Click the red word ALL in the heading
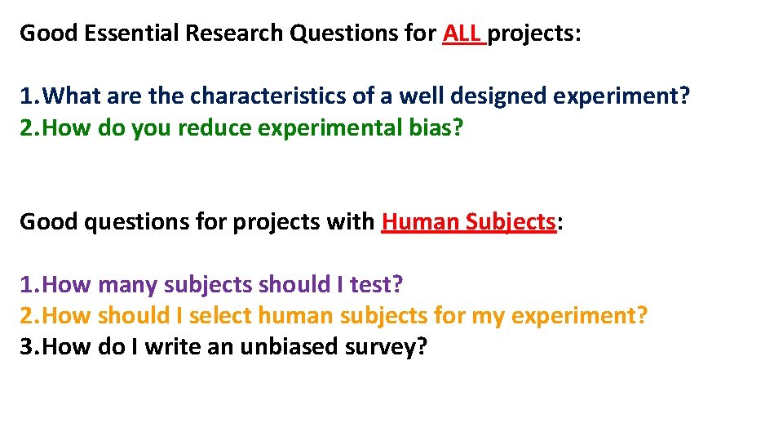(x=462, y=34)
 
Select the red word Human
(x=419, y=222)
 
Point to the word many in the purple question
(x=128, y=285)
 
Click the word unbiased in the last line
(x=290, y=347)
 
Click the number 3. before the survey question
(x=29, y=347)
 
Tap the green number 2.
(x=29, y=128)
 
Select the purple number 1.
(x=29, y=285)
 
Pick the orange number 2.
(x=29, y=316)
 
